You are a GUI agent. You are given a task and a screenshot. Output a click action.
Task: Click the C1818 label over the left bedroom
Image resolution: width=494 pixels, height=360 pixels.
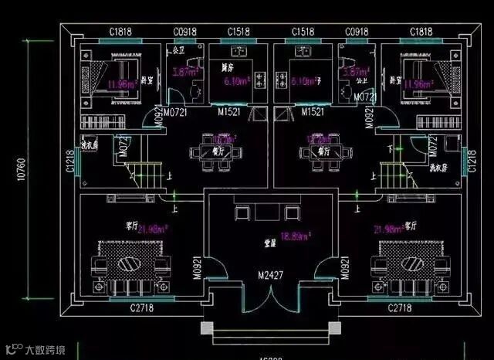(120, 32)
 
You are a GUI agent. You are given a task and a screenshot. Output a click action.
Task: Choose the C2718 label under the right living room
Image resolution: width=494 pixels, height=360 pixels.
(398, 309)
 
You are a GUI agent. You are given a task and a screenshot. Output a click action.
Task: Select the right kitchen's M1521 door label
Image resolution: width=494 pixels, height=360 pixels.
(312, 112)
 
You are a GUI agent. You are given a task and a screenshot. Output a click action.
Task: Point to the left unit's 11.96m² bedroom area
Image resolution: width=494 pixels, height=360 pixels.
(123, 83)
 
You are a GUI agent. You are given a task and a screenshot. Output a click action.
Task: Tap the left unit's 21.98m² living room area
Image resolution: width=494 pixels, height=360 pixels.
(154, 229)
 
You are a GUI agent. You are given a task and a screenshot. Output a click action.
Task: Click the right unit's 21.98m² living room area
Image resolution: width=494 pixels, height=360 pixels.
(388, 229)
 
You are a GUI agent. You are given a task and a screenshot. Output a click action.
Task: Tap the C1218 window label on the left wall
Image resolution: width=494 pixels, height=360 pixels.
(70, 161)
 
